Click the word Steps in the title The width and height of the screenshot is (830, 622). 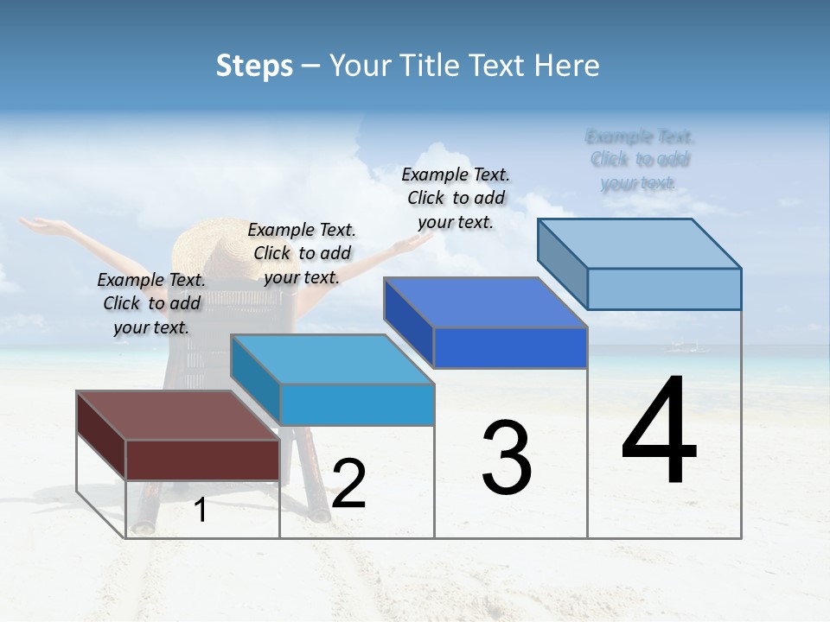[254, 66]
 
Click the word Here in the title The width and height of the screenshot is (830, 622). [567, 66]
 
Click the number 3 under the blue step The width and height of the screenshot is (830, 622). [507, 457]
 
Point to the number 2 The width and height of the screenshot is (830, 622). [348, 484]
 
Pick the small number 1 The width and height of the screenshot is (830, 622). [201, 510]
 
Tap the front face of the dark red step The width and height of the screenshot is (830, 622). [202, 460]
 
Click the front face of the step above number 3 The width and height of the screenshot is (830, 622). [510, 347]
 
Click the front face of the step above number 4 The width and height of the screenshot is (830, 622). [664, 289]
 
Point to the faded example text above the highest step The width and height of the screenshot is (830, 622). [640, 160]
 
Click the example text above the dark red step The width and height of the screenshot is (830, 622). [152, 303]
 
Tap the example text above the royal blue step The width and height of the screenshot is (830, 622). [456, 198]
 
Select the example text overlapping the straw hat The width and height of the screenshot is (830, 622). [302, 253]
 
